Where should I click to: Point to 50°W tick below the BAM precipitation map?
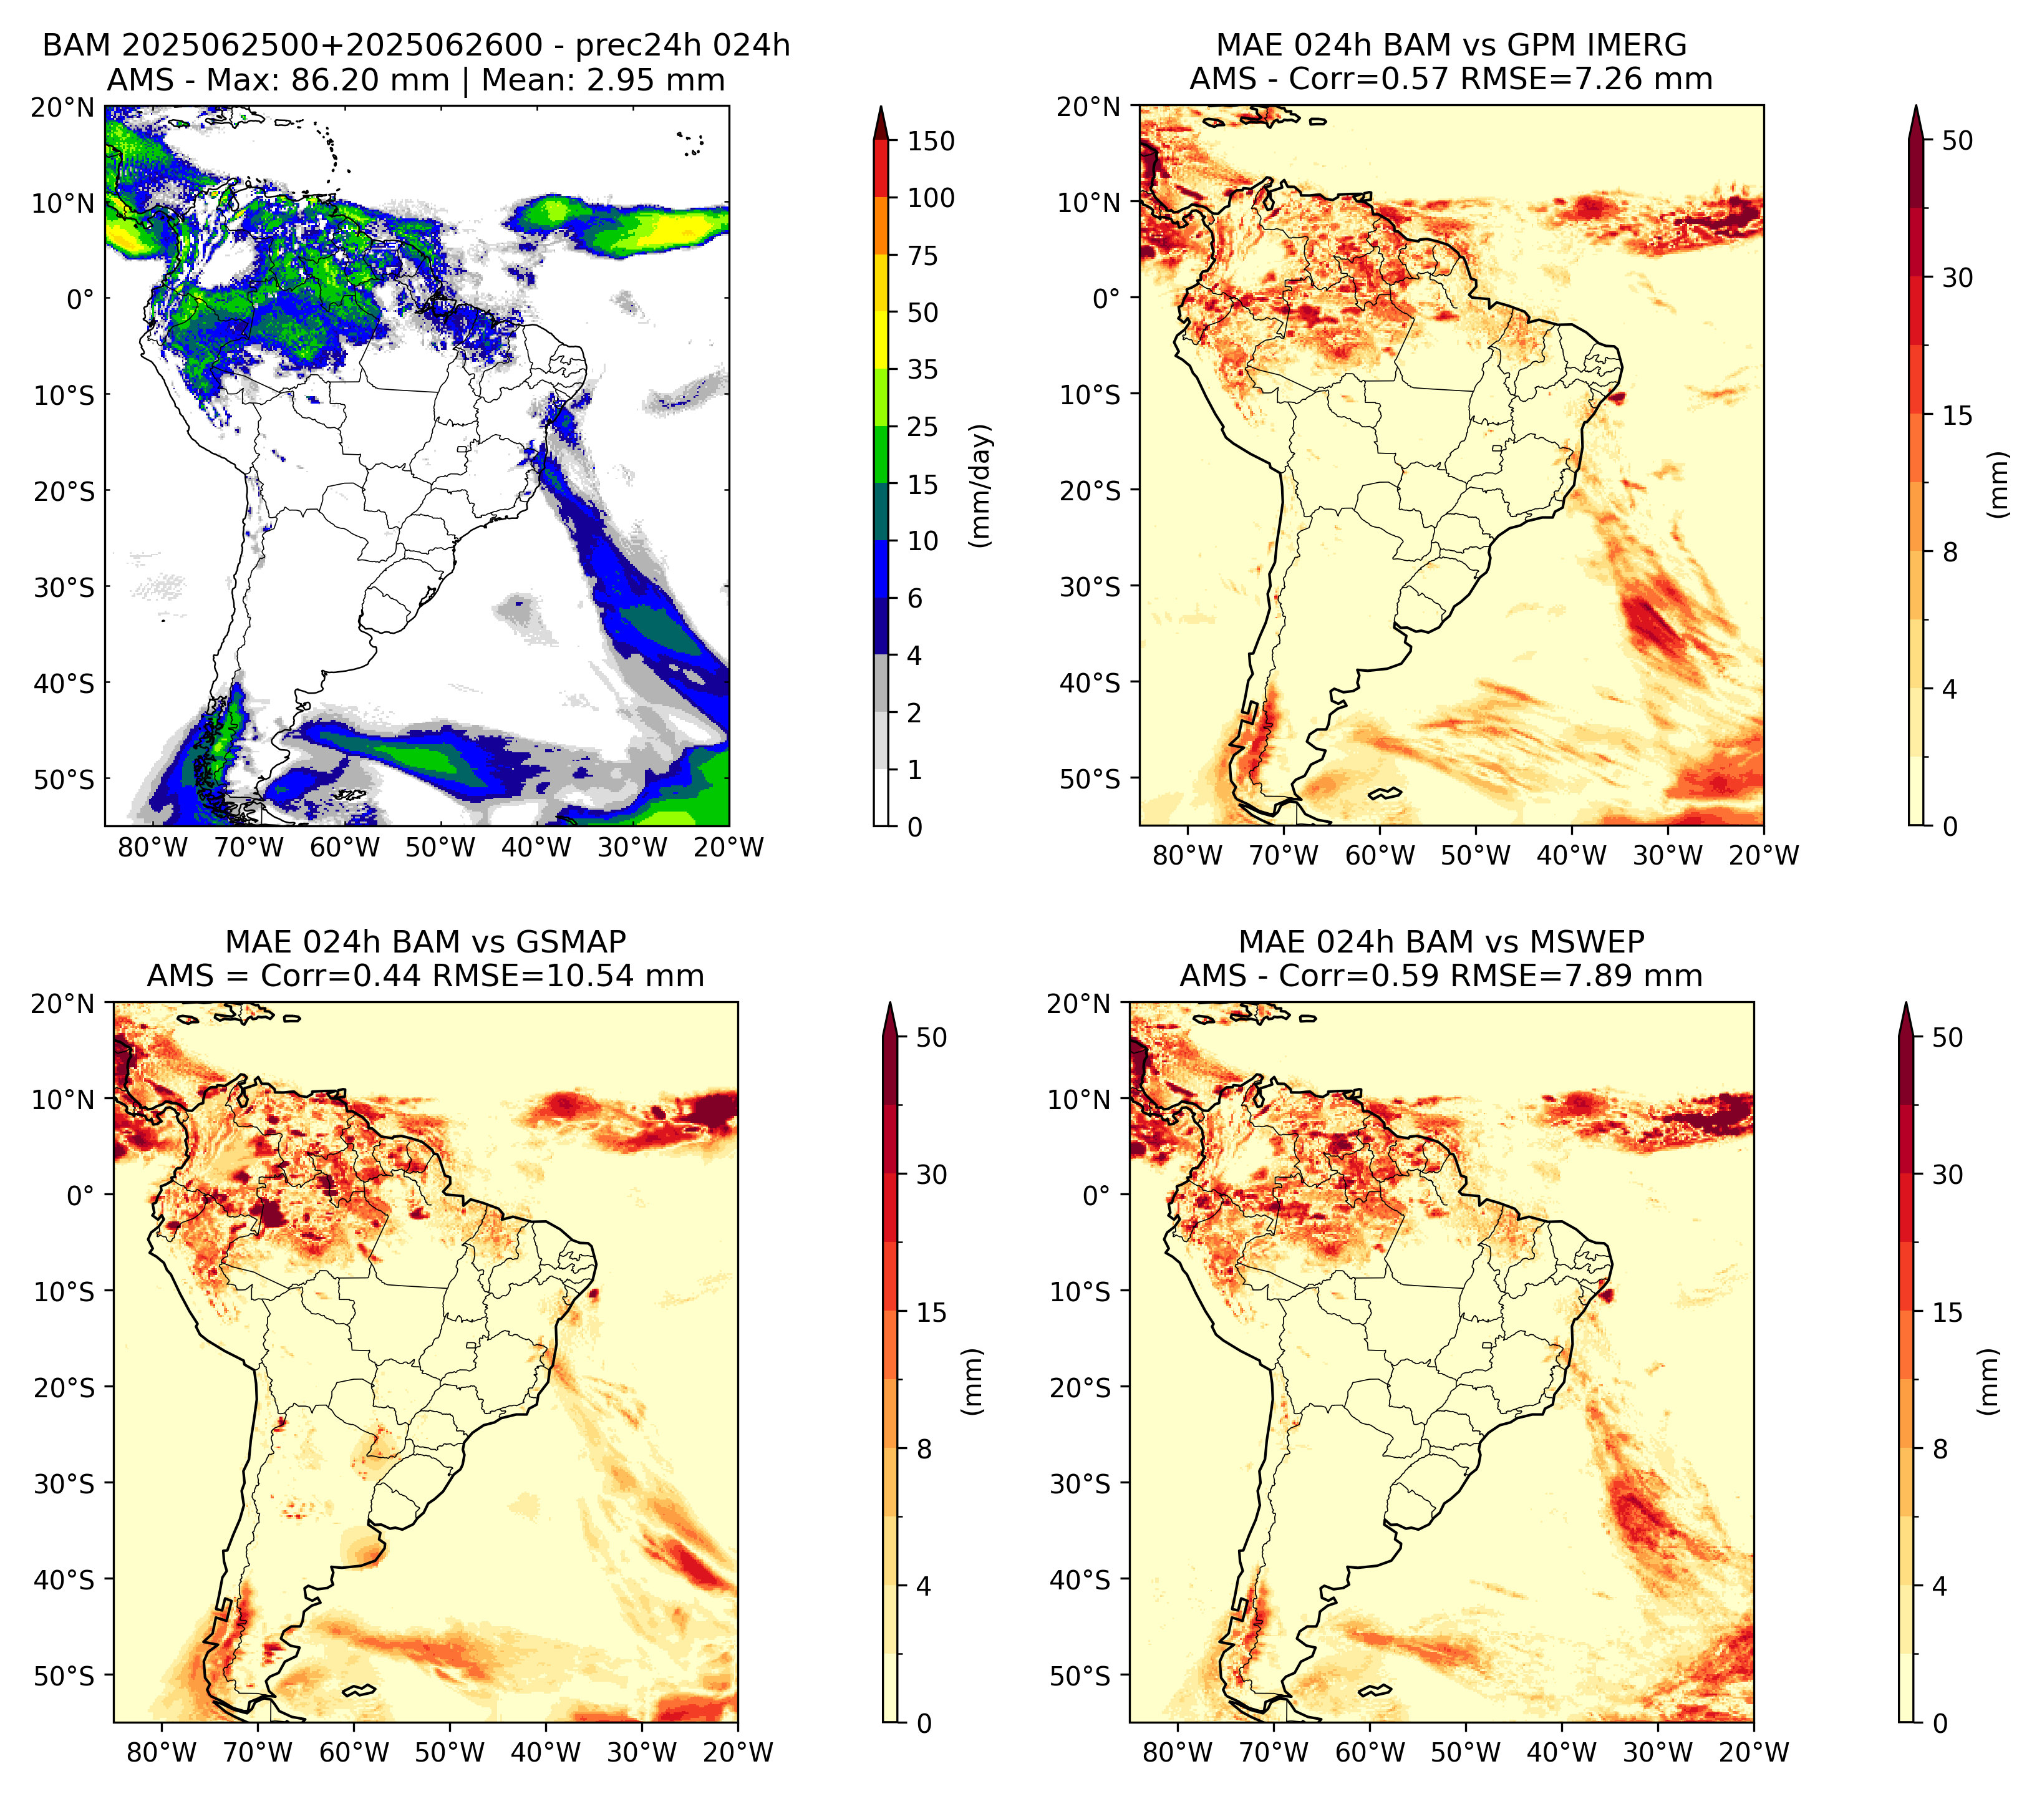440,848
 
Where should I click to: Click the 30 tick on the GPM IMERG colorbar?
1958,278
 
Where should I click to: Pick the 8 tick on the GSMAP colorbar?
924,1450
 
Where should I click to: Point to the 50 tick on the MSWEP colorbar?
1948,1038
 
